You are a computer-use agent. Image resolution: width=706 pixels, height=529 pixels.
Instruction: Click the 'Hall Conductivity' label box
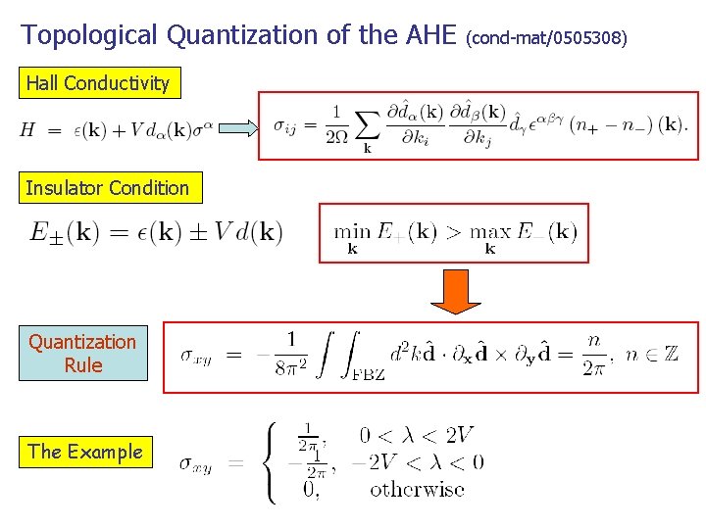click(98, 83)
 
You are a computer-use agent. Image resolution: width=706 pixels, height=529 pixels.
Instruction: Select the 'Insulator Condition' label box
click(108, 188)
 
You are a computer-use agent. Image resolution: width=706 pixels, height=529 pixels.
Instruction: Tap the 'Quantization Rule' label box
click(82, 353)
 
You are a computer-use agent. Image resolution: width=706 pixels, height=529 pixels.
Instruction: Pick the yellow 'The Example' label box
click(85, 452)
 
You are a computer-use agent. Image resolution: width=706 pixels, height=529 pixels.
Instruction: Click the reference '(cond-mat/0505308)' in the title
click(546, 39)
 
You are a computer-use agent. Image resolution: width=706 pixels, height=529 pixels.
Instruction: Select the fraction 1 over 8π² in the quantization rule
click(289, 354)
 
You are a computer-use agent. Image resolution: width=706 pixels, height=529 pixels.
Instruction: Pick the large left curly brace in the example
click(271, 460)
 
